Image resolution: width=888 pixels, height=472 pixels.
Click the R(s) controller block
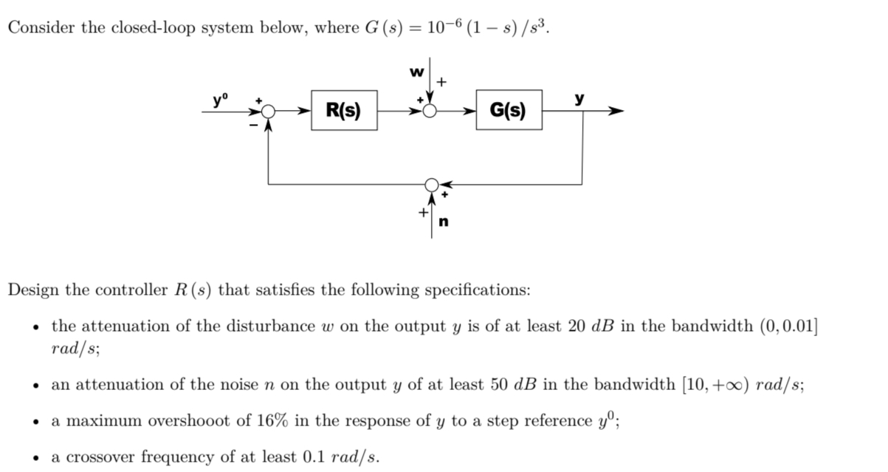(x=344, y=111)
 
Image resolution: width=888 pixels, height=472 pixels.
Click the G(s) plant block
(x=509, y=111)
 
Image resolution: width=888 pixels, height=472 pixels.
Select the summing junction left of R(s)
(x=268, y=112)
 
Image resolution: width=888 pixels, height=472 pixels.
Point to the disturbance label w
(x=418, y=72)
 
